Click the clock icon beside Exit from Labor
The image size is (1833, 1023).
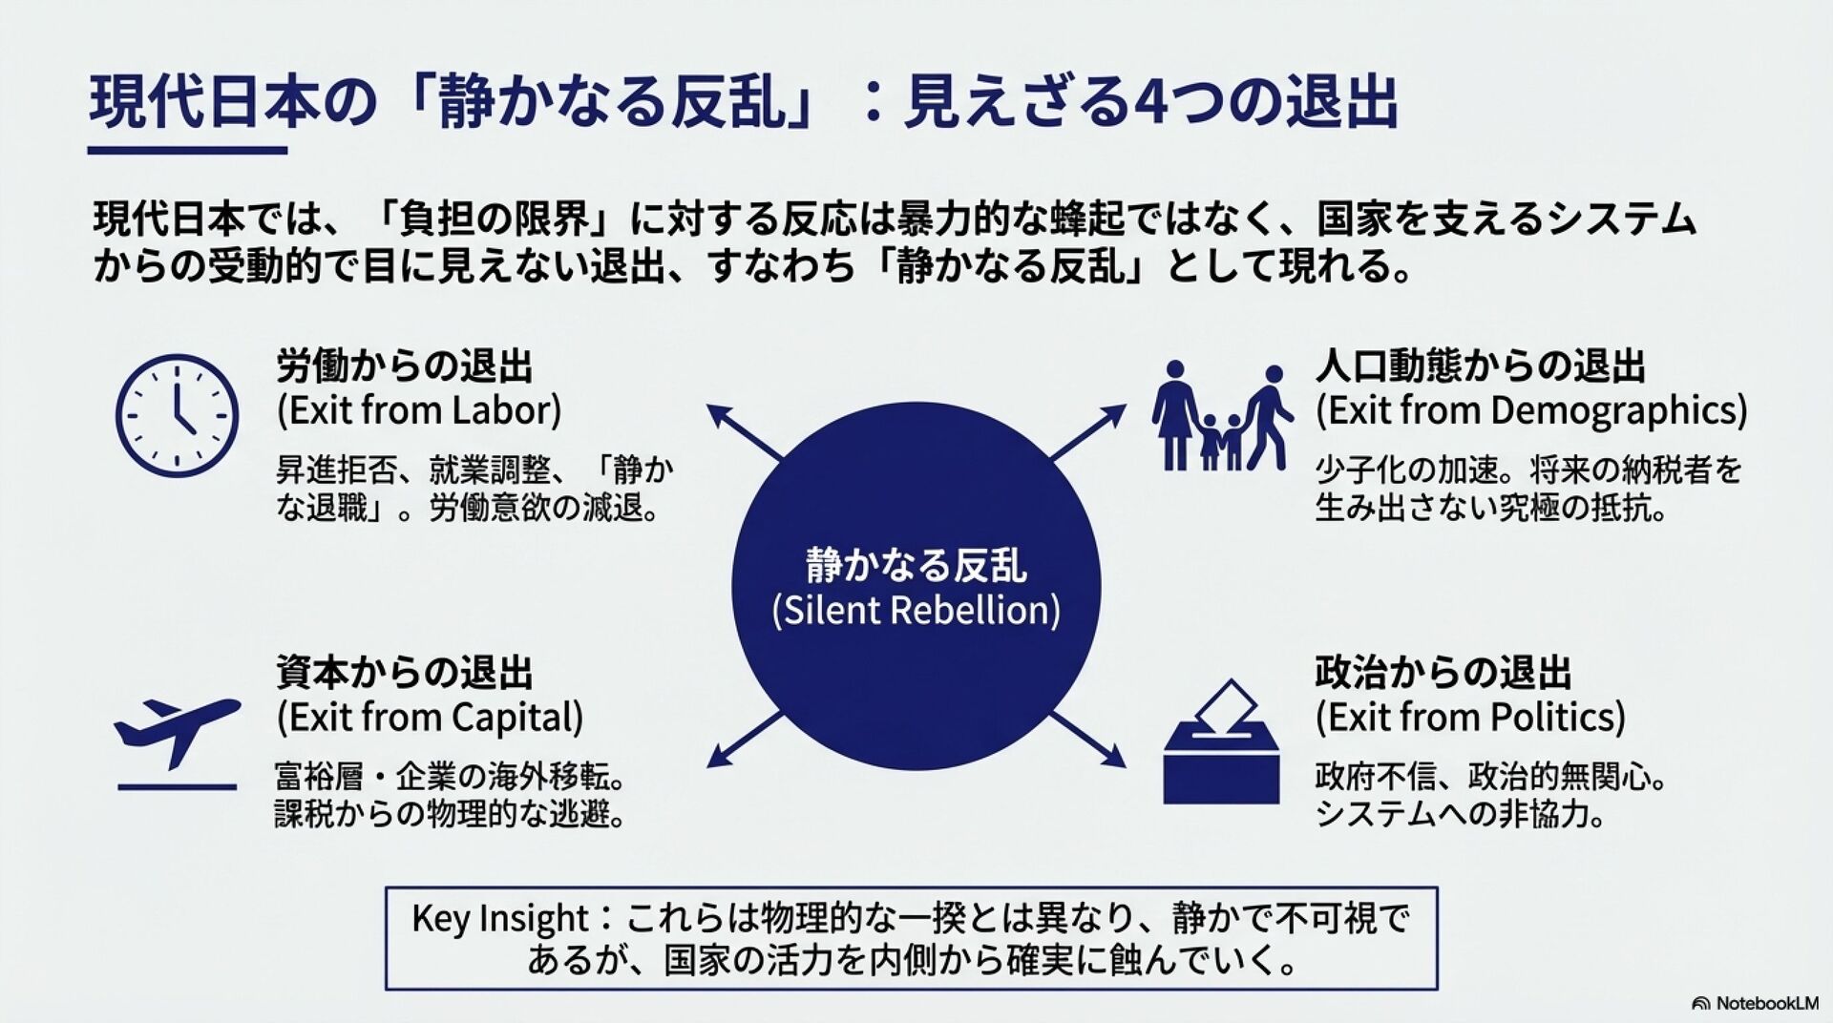pyautogui.click(x=177, y=416)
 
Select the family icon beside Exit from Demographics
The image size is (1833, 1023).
pyautogui.click(x=1222, y=416)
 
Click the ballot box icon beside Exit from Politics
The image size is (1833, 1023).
pyautogui.click(x=1221, y=744)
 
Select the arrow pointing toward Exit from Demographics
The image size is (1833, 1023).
pyautogui.click(x=1089, y=431)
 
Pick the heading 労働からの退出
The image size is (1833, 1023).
pyautogui.click(x=405, y=366)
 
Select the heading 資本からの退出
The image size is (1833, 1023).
pyautogui.click(x=405, y=673)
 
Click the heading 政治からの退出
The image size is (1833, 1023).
pyautogui.click(x=1443, y=673)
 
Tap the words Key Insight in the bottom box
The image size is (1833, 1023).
pyautogui.click(x=499, y=919)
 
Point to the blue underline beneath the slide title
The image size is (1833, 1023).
pyautogui.click(x=187, y=150)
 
